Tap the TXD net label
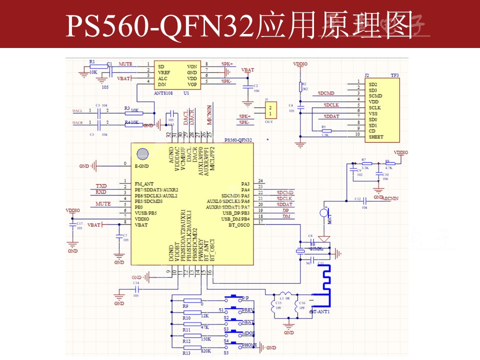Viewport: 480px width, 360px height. click(x=101, y=186)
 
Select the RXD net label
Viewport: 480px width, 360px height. click(x=101, y=192)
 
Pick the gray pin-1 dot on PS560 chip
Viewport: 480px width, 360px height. click(x=142, y=153)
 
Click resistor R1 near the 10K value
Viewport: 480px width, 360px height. click(x=92, y=66)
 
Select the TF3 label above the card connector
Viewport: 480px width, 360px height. click(x=394, y=75)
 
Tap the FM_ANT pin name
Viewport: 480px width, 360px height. click(x=145, y=184)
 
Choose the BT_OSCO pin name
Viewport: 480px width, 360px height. click(x=239, y=225)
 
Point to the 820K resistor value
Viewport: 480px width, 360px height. click(x=205, y=351)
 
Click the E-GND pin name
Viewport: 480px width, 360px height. click(x=142, y=165)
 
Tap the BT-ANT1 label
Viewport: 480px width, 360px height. click(x=320, y=312)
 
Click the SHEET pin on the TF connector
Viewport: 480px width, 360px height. click(x=376, y=136)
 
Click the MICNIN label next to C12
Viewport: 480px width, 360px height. click(x=390, y=199)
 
